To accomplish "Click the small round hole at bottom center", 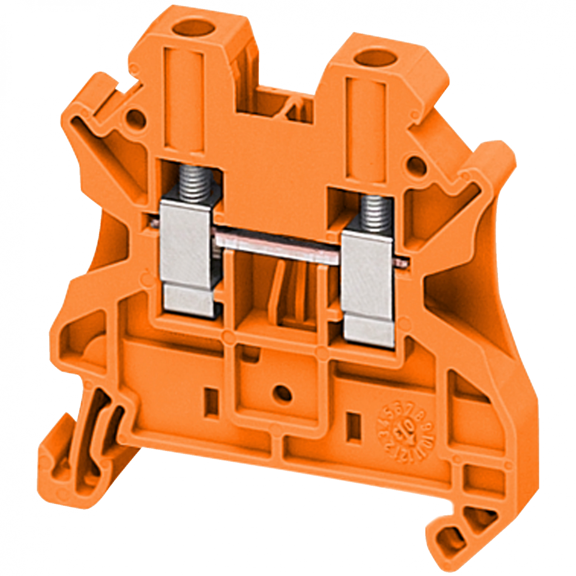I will click(282, 392).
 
